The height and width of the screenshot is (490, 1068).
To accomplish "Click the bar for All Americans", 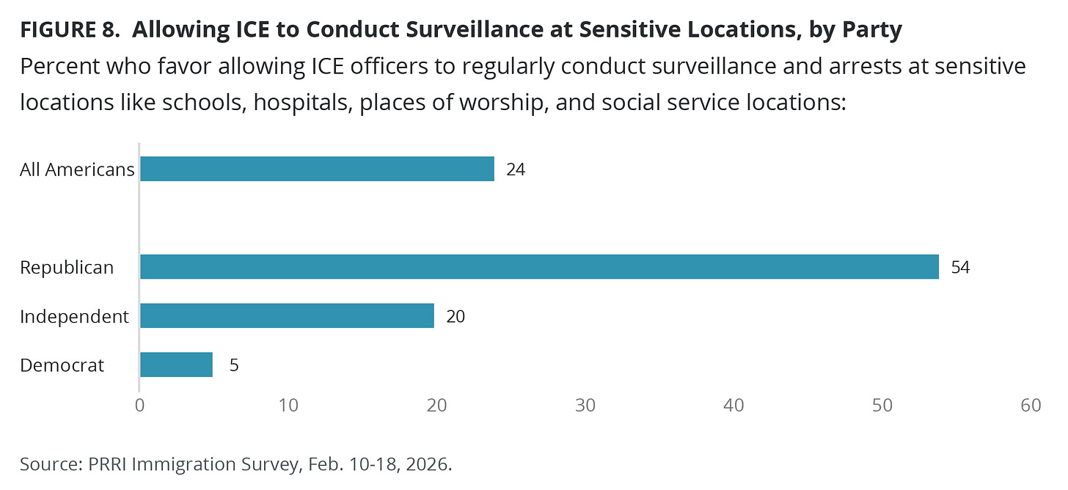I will (x=317, y=169).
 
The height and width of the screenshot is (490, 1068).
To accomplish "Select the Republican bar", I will (x=539, y=267).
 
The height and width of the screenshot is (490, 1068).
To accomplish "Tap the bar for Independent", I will (x=287, y=316).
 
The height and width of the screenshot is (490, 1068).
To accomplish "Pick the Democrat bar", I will (x=176, y=365).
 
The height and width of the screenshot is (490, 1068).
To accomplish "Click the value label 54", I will (x=960, y=268).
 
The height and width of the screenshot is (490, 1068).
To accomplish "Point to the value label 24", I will (x=516, y=170).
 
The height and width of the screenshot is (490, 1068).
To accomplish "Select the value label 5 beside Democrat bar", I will (x=234, y=365).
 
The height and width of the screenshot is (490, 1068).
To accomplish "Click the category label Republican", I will (x=67, y=268).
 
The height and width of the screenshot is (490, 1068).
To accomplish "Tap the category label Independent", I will (x=74, y=317).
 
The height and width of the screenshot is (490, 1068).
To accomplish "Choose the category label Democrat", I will (x=62, y=365).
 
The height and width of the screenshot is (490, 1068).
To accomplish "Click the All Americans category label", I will (x=77, y=170).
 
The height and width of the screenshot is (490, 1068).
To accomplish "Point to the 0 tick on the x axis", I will (x=139, y=406).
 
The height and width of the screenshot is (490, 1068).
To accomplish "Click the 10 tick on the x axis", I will (x=288, y=406).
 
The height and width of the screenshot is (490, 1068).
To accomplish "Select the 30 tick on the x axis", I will (x=585, y=406).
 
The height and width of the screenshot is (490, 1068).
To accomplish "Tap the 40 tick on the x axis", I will (x=734, y=406).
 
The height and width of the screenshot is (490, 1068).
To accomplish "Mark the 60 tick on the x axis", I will (x=1031, y=406).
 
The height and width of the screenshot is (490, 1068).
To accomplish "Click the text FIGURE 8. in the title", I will (x=69, y=31).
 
